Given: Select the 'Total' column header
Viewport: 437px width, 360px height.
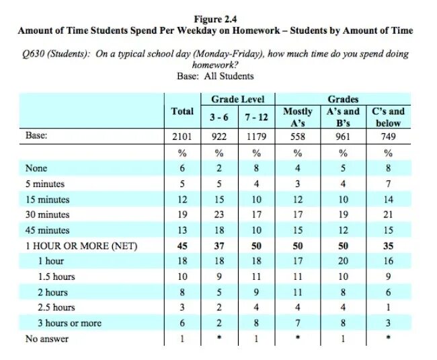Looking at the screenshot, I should pyautogui.click(x=183, y=112).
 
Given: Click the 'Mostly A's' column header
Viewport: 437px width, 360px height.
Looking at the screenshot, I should pyautogui.click(x=297, y=117).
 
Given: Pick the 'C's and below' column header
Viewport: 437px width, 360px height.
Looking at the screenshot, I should pyautogui.click(x=389, y=117).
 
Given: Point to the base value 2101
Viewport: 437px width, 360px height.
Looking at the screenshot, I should pyautogui.click(x=183, y=137).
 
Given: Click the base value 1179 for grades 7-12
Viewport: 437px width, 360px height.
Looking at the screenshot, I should pyautogui.click(x=256, y=137).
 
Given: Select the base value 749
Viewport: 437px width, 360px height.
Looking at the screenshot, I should pyautogui.click(x=389, y=137).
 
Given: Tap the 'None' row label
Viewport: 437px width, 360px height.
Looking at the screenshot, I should pyautogui.click(x=36, y=169).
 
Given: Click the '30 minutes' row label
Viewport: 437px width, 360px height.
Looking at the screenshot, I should pyautogui.click(x=47, y=215).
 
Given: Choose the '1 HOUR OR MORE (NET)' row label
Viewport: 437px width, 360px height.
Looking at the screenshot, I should pyautogui.click(x=81, y=246).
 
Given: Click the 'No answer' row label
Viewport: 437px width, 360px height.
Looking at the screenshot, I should pyautogui.click(x=46, y=339).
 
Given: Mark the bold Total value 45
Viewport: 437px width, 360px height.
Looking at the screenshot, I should pyautogui.click(x=183, y=246).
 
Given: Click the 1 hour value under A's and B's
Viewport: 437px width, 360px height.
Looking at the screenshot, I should pyautogui.click(x=343, y=261).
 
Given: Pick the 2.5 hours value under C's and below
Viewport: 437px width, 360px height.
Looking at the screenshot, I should pyautogui.click(x=389, y=308).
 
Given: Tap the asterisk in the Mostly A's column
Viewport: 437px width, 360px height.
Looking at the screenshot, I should pyautogui.click(x=297, y=339).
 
